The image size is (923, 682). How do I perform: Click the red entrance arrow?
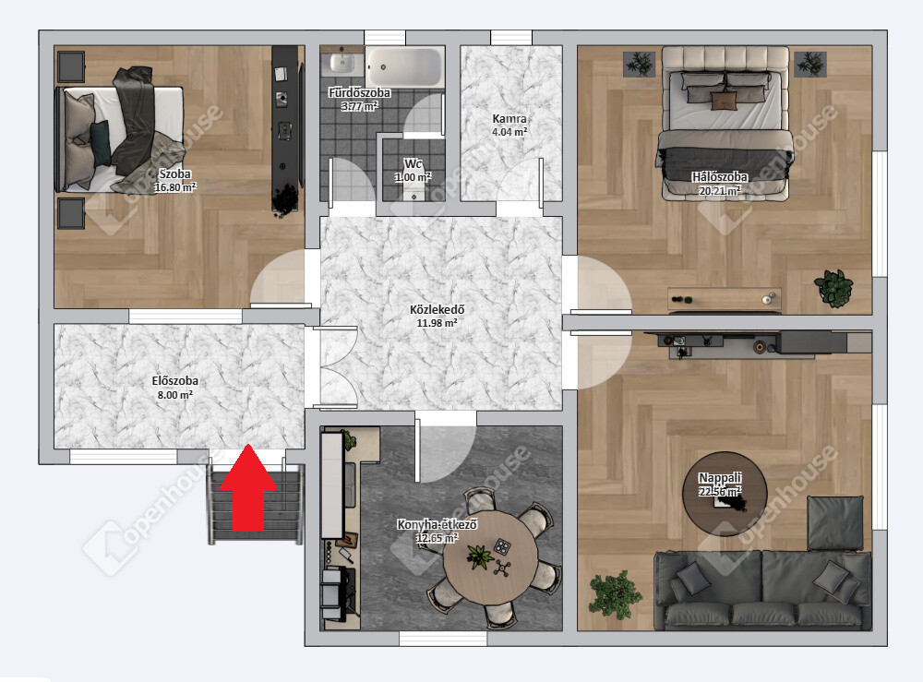[x=248, y=488]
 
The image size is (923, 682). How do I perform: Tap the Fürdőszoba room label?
[x=359, y=93]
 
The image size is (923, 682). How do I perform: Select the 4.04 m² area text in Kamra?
[x=509, y=132]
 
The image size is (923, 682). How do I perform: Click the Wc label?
[x=413, y=163]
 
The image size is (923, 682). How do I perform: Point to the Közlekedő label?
[x=438, y=309]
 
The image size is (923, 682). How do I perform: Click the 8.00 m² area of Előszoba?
[x=174, y=395]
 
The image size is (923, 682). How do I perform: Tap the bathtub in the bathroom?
[x=404, y=67]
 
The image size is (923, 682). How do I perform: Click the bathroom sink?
[x=342, y=63]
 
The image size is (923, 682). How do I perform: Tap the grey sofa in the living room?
[x=764, y=589]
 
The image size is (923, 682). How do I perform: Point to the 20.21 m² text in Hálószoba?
[x=719, y=191]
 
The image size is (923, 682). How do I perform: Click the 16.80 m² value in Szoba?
[x=174, y=187]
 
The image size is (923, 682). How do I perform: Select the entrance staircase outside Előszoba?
[x=256, y=504]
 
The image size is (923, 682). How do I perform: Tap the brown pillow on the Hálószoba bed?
[x=724, y=101]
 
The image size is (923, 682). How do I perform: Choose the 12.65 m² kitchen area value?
[x=437, y=538]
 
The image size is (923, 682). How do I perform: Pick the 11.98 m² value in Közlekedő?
[x=437, y=323]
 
